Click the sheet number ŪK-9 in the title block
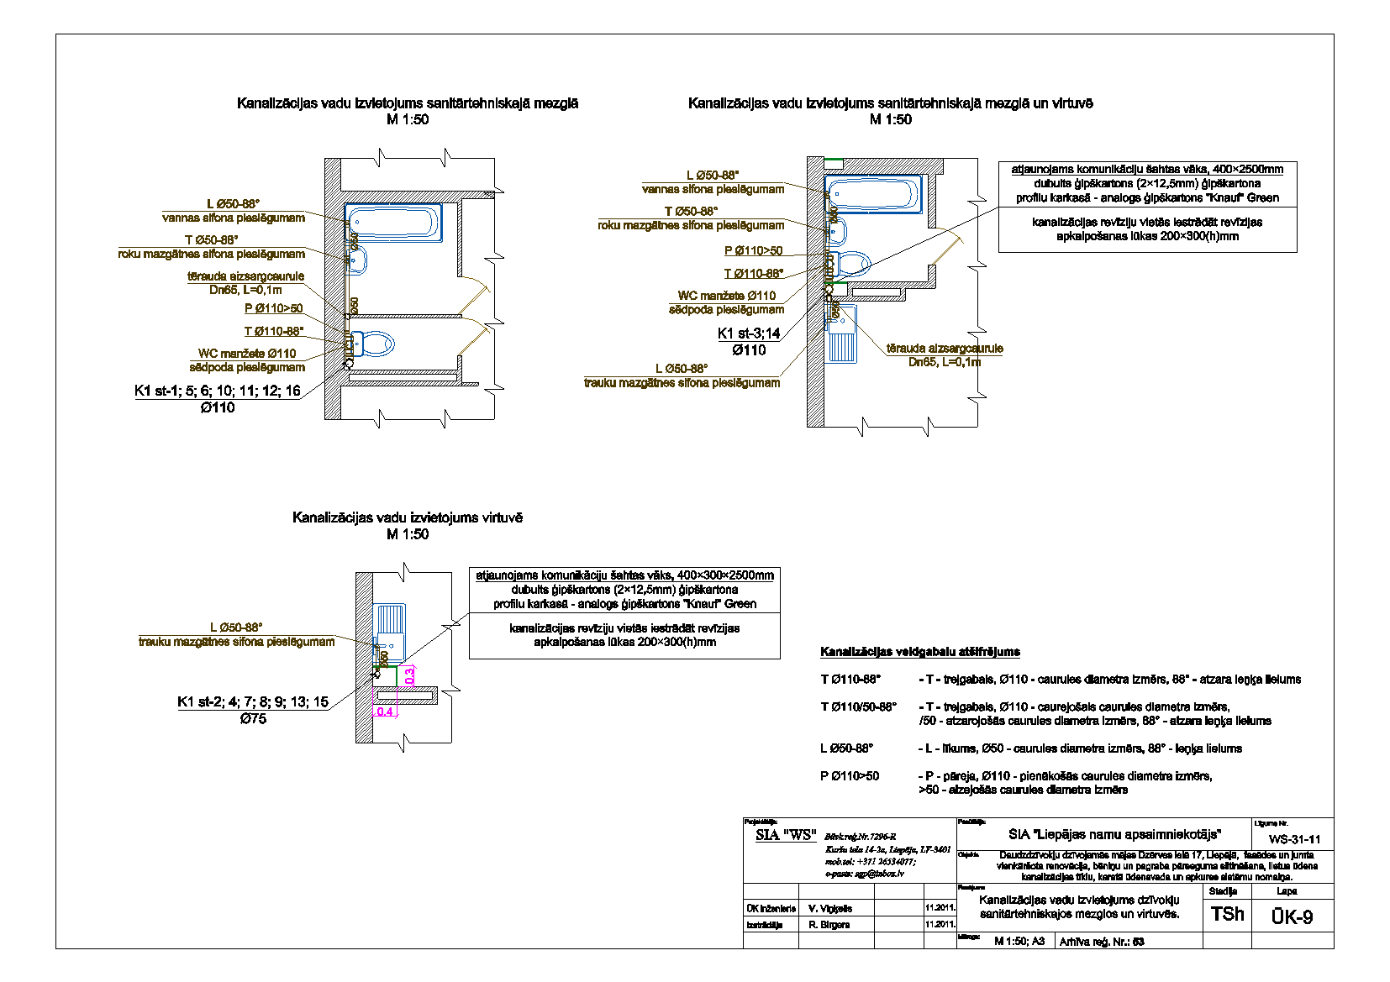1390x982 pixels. coord(1292,916)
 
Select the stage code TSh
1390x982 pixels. coord(1227,914)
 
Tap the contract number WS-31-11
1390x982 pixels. coord(1294,839)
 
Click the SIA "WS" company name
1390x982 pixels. coord(786,834)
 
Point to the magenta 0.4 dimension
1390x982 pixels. coord(385,712)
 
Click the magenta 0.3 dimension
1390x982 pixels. coord(409,675)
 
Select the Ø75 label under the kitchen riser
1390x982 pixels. coord(253,719)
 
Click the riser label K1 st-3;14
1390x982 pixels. coord(749,333)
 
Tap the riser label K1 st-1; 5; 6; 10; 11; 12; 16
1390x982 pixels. coord(218,391)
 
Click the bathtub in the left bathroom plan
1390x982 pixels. coord(393,223)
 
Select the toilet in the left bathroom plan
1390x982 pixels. coord(374,344)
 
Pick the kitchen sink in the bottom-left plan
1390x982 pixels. coord(391,632)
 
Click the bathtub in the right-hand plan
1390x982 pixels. coord(873,194)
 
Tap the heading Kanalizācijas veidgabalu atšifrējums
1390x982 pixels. coord(919,651)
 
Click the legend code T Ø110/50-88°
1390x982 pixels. coord(858,706)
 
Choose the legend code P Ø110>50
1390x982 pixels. coord(850,776)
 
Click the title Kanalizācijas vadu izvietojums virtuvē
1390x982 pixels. coord(407,517)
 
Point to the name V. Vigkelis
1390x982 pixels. coord(830,908)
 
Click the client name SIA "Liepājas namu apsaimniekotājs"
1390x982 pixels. coord(1114,834)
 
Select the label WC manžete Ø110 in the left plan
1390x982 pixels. coord(247,354)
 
